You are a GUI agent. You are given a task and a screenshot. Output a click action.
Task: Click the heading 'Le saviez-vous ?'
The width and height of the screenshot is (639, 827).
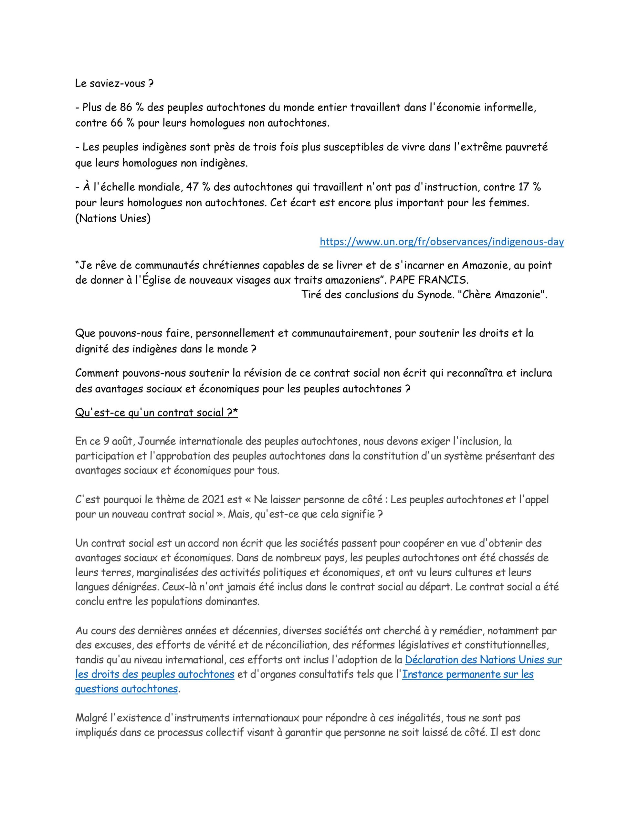pyautogui.click(x=114, y=84)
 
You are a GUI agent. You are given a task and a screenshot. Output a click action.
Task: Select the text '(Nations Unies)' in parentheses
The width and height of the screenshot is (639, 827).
pyautogui.click(x=113, y=219)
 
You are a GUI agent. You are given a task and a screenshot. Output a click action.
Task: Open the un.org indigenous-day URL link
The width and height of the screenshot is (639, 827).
pyautogui.click(x=441, y=242)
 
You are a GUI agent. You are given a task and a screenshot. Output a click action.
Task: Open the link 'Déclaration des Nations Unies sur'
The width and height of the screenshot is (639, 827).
pyautogui.click(x=483, y=660)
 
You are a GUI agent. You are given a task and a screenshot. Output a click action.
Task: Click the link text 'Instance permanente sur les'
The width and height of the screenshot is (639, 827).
pyautogui.click(x=467, y=675)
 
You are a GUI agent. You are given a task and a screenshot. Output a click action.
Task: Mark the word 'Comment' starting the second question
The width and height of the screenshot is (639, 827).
pyautogui.click(x=97, y=373)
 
